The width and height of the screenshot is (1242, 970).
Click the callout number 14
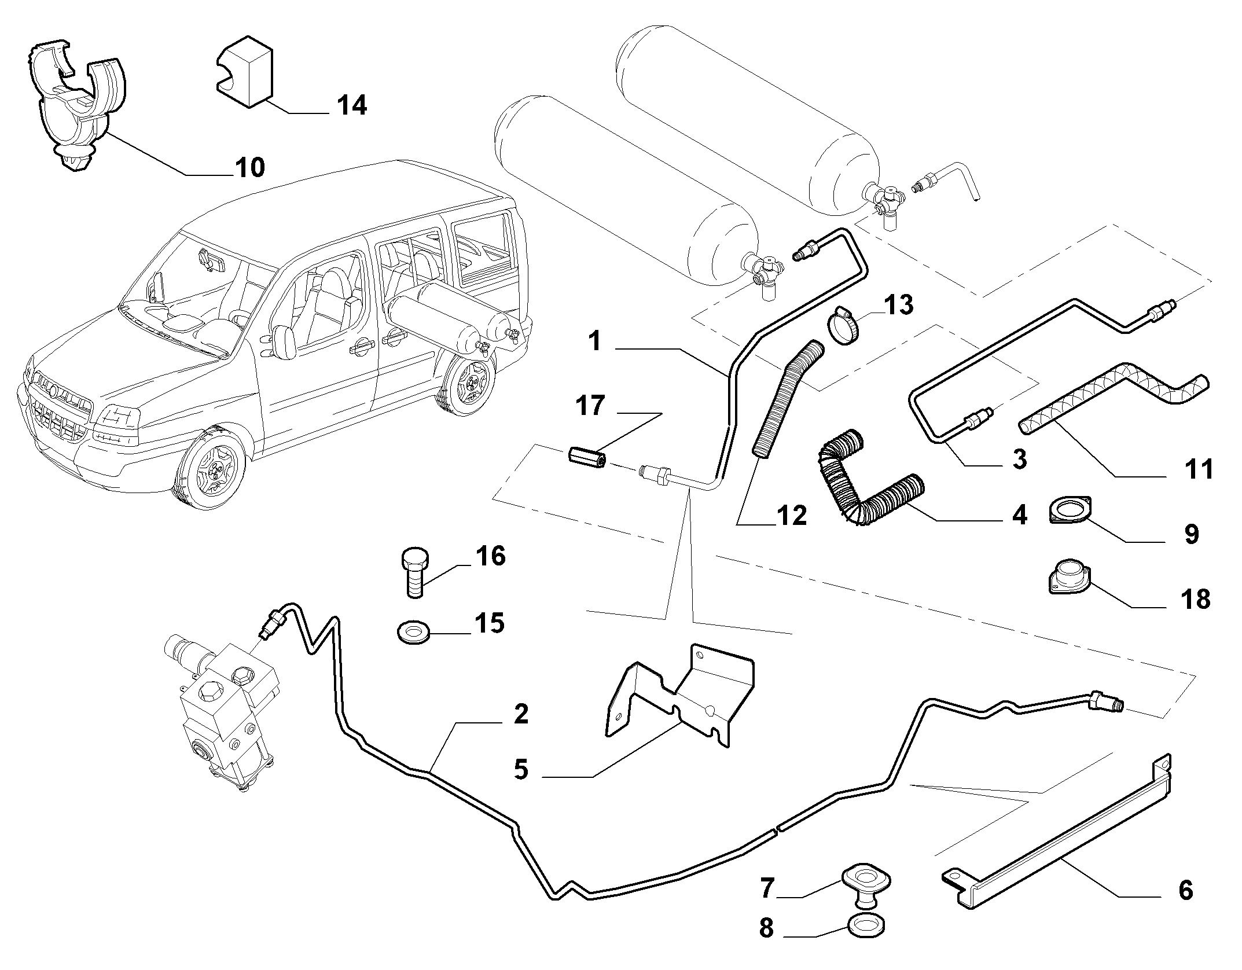point(352,105)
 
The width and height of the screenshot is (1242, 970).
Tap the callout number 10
point(249,167)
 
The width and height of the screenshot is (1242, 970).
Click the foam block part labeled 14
point(245,72)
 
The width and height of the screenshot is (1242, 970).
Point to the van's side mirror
point(285,343)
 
